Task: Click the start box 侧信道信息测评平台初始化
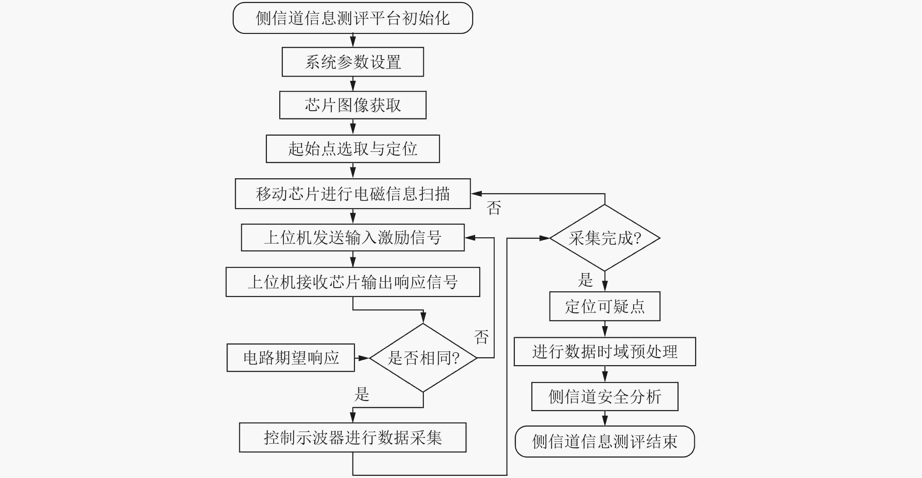pyautogui.click(x=352, y=18)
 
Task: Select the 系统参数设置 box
pyautogui.click(x=352, y=62)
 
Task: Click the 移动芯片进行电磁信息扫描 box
pyautogui.click(x=352, y=194)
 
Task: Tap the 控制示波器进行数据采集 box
pyautogui.click(x=352, y=438)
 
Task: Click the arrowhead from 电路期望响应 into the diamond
pyautogui.click(x=364, y=358)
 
